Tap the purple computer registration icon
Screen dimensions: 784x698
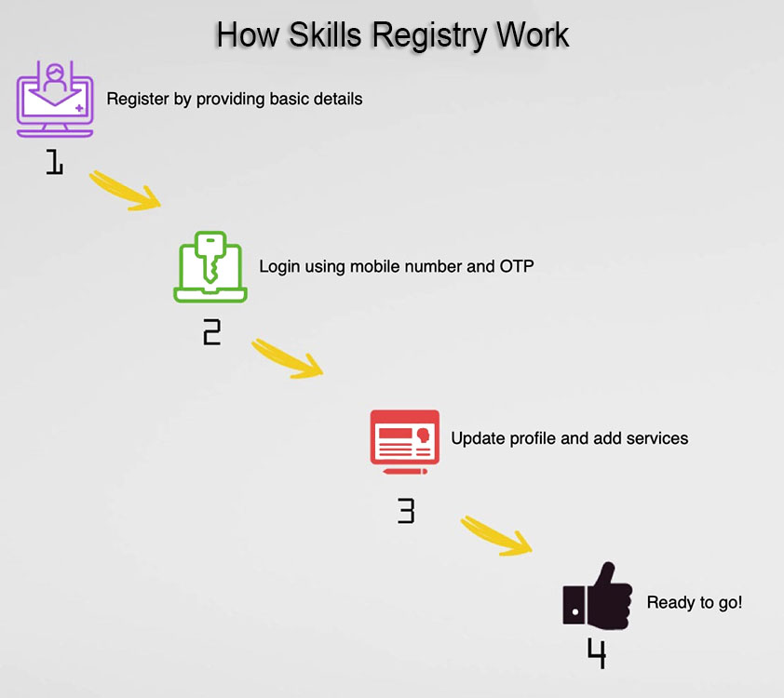click(x=55, y=100)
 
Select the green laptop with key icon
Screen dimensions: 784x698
click(x=210, y=267)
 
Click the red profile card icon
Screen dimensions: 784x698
click(x=405, y=442)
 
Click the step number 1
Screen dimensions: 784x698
click(x=55, y=162)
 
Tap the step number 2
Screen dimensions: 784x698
click(x=212, y=332)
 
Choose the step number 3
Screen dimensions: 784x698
click(x=406, y=511)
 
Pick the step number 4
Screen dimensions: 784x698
click(x=597, y=653)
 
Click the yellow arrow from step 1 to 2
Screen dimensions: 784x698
click(x=125, y=191)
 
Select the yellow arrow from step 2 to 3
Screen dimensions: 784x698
click(x=288, y=357)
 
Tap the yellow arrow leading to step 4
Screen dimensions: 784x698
click(x=496, y=535)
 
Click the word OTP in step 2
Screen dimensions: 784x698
click(x=517, y=266)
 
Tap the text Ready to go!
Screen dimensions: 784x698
click(x=695, y=602)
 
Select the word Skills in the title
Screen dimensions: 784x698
click(x=325, y=35)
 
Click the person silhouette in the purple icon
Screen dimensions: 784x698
click(x=55, y=78)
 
